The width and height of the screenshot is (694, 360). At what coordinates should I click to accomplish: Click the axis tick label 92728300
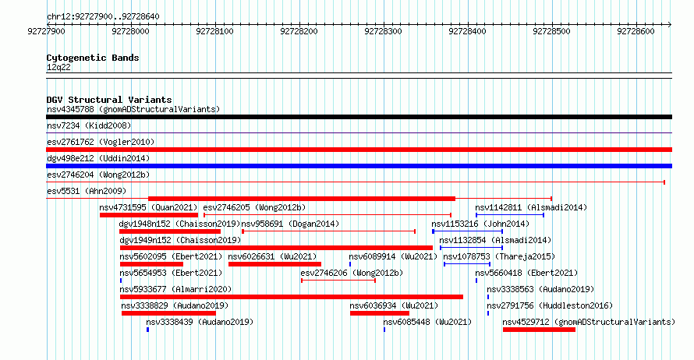coord(384,31)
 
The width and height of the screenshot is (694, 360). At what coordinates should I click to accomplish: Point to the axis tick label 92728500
coord(551,31)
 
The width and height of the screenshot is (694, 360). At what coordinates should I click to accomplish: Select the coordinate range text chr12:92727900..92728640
coord(103,16)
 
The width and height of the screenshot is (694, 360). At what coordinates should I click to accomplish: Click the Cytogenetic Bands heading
coord(93,58)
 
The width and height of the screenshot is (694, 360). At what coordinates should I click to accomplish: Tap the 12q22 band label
coord(58,67)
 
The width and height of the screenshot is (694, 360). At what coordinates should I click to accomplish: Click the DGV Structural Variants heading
coord(109,100)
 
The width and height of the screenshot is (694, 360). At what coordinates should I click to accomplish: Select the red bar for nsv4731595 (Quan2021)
coord(149,215)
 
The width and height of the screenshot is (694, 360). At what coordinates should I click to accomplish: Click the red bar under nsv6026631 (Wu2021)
coord(274,264)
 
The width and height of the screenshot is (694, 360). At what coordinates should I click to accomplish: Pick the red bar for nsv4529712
coord(539,330)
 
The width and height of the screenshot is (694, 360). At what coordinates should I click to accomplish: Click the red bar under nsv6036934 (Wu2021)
coord(379,313)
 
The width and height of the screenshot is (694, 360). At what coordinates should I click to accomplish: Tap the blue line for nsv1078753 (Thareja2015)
coord(467,264)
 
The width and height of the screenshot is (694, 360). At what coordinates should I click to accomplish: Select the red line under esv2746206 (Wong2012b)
coord(338,281)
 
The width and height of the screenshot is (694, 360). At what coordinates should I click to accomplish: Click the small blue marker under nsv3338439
coord(148,330)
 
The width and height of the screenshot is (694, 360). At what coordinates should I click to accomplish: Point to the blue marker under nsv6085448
coord(384,330)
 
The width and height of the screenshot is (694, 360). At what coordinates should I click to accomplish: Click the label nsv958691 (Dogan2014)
coord(290,224)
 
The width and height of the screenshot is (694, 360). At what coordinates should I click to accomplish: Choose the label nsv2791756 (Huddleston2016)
coord(550,305)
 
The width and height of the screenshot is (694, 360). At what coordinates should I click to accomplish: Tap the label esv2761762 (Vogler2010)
coord(101,142)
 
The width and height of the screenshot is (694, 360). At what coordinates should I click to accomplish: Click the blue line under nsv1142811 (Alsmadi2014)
coord(510,215)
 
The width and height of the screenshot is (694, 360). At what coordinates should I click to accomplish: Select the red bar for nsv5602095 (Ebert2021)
coord(151,264)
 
